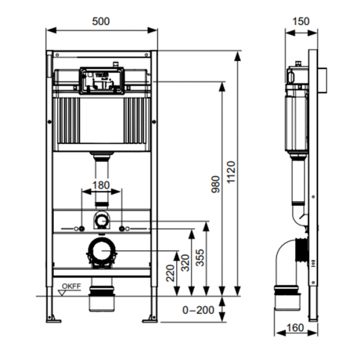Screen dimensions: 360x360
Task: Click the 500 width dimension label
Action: [101, 21]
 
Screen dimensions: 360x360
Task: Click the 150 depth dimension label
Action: [301, 21]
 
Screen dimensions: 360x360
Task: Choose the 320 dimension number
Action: [186, 262]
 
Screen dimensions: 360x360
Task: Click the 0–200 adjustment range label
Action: [199, 310]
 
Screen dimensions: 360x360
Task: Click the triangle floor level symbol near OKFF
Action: [62, 292]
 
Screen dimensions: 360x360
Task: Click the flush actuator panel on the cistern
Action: [101, 80]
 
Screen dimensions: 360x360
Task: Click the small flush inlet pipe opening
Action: [101, 220]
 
